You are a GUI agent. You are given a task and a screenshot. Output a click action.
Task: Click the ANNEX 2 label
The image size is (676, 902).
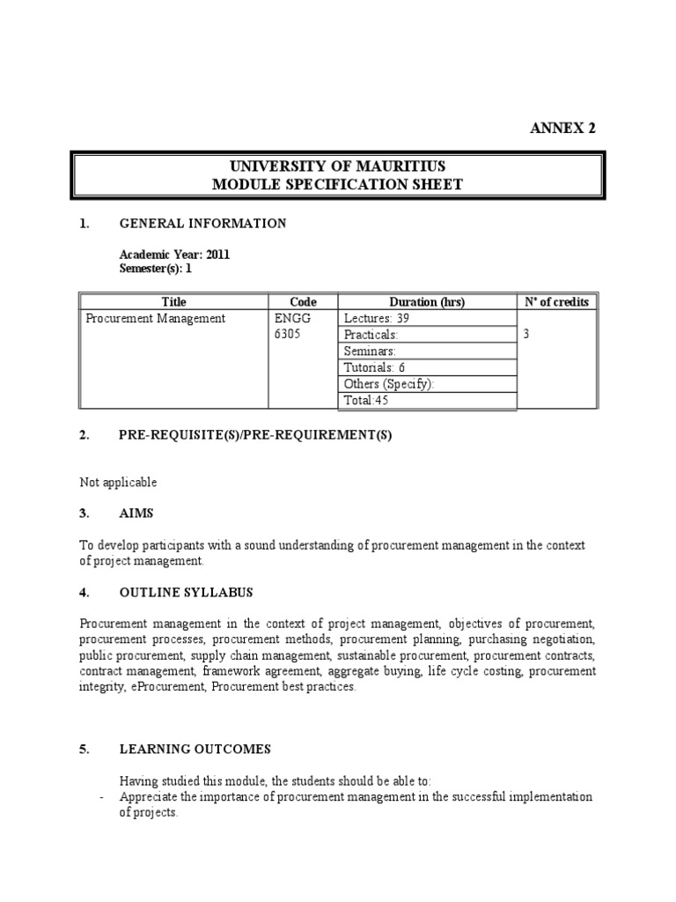coord(562,128)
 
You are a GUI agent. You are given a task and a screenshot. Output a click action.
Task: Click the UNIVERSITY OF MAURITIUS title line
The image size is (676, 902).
coord(337,166)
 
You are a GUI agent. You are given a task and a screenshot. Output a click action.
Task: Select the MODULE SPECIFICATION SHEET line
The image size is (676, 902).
coord(337,184)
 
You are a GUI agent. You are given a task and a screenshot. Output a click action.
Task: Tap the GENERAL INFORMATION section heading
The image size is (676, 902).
coord(202,224)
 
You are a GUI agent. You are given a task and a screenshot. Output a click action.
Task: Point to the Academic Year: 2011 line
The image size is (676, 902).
coord(174,255)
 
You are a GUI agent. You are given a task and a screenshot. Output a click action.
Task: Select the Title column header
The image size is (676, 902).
coord(174,302)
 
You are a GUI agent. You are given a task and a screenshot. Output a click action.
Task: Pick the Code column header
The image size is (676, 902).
coord(303,302)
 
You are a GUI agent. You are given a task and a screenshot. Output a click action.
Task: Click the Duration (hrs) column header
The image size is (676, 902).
coord(428,302)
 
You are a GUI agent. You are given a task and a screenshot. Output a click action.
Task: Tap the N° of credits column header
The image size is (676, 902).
coord(556,302)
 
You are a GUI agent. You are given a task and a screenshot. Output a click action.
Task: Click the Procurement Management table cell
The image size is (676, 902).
coord(155,319)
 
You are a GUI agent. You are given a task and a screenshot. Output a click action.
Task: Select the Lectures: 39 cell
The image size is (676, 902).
coord(377,319)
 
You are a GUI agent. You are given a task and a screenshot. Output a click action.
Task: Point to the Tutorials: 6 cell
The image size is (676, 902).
coord(374,367)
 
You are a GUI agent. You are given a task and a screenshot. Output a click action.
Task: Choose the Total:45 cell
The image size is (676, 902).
coord(366,401)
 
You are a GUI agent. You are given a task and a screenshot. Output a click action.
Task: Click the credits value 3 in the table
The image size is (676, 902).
coord(526,336)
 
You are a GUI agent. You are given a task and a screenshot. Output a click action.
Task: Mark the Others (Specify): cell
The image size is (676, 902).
coord(389,384)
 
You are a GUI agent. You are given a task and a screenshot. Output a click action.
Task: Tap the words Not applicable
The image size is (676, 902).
coord(118,482)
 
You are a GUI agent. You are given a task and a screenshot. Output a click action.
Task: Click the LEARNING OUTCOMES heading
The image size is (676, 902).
coord(195,750)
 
